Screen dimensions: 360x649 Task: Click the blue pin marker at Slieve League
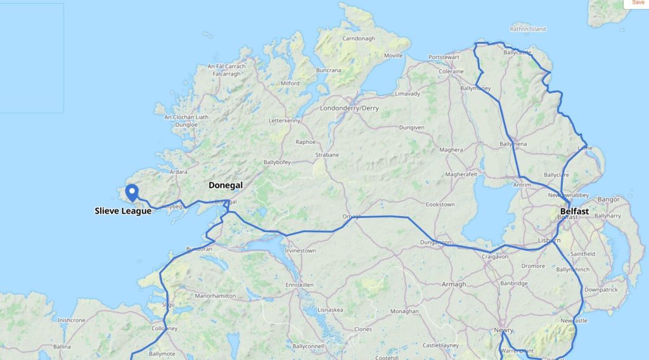[x=132, y=191]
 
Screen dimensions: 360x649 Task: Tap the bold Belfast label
[x=574, y=211]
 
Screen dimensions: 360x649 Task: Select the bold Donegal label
[x=226, y=186]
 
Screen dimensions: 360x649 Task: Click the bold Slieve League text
[x=123, y=211]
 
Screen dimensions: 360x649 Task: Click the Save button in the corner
[x=638, y=3]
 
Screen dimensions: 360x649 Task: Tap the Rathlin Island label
[x=528, y=29]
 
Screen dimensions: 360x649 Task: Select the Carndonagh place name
[x=359, y=39]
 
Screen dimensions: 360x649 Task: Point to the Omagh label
[x=352, y=216]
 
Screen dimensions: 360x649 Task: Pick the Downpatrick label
[x=601, y=289]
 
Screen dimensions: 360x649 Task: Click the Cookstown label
[x=440, y=205]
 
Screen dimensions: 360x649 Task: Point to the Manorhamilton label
[x=215, y=296]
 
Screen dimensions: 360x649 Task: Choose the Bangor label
[x=608, y=200]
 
